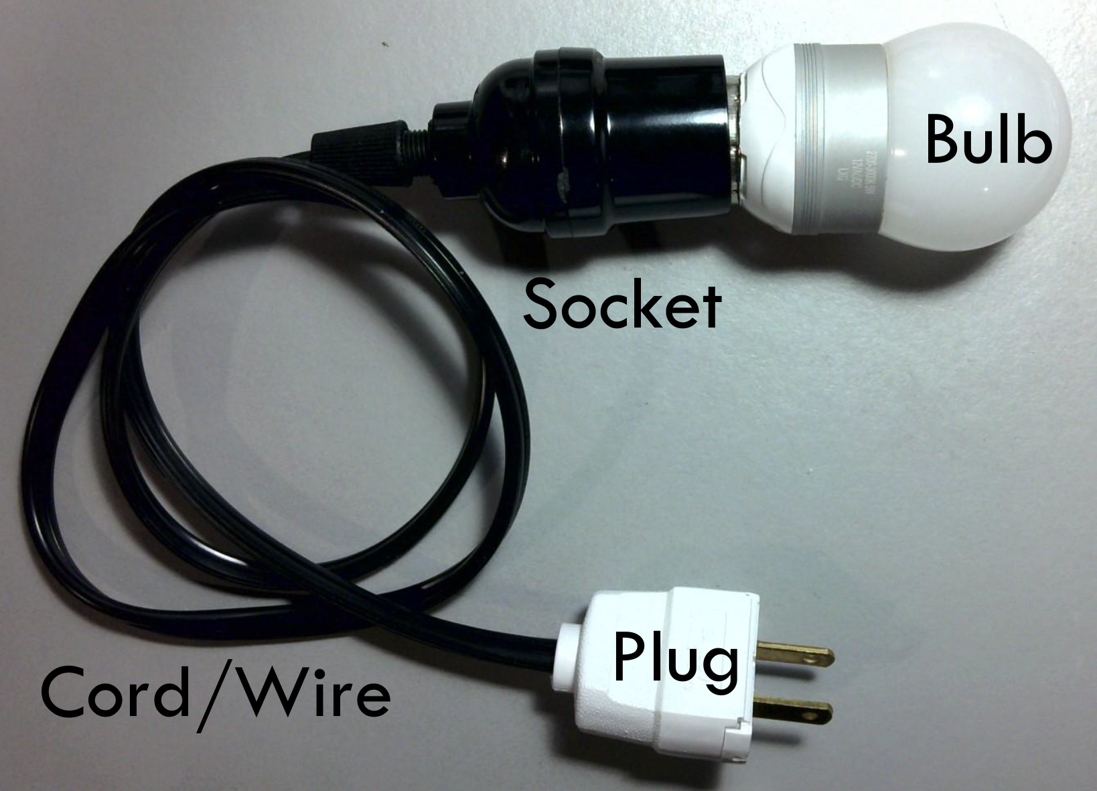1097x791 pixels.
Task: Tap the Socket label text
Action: [x=622, y=305]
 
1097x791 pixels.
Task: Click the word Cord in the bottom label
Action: [x=118, y=693]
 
